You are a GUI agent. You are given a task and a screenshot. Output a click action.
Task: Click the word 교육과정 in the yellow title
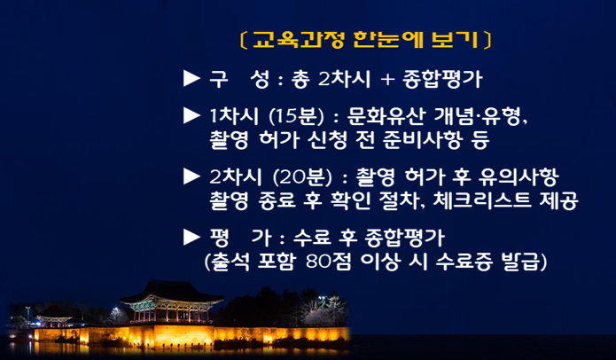tap(298, 40)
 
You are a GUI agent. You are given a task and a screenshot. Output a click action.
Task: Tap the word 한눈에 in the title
tap(388, 40)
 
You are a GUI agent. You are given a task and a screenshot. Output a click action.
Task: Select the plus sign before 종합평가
tap(387, 80)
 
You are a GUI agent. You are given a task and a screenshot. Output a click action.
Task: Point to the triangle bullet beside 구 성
tap(191, 79)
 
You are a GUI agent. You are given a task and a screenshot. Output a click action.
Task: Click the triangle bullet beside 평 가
tap(191, 237)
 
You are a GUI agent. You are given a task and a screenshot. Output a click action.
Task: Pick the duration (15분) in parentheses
tap(296, 116)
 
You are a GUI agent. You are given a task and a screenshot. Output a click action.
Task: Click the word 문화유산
tap(386, 116)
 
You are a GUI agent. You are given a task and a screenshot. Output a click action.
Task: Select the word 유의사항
tap(519, 176)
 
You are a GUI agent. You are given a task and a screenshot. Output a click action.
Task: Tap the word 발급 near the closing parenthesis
tap(520, 262)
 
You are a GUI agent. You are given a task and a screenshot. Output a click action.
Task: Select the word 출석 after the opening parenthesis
tap(230, 262)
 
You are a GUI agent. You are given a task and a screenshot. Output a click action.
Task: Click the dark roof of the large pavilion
tap(172, 292)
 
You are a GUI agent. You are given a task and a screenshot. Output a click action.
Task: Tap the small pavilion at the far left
tap(54, 317)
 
